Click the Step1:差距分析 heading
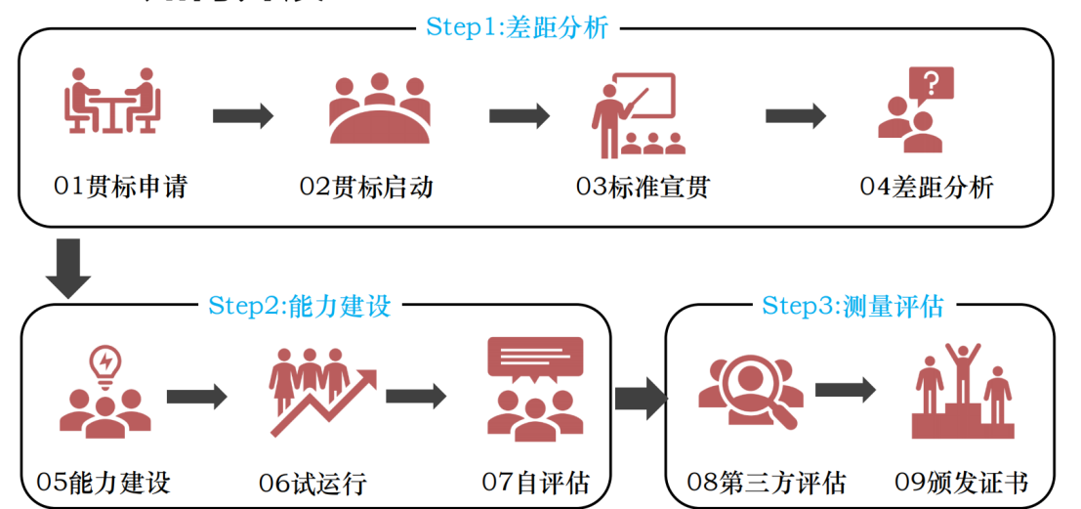(517, 27)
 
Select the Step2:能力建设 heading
(299, 306)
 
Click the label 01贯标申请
(120, 187)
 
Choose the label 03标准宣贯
(643, 187)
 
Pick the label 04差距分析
(926, 187)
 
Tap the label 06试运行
(312, 482)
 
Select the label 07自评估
(535, 482)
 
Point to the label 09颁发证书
(962, 482)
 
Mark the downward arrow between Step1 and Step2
(68, 266)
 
